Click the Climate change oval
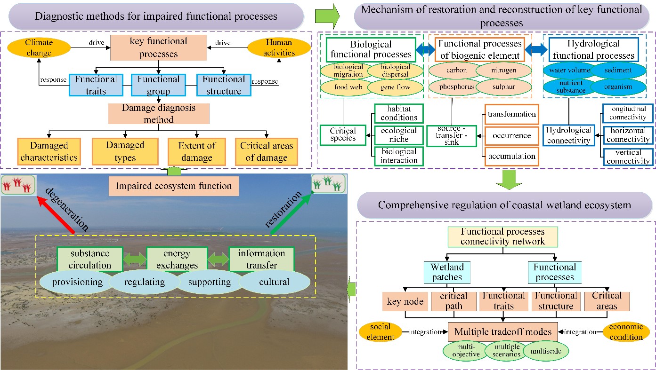(39, 47)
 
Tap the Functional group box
(158, 85)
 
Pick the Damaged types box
(125, 151)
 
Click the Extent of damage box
(196, 151)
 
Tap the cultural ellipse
(275, 282)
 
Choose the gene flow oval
(396, 87)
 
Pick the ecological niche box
(398, 135)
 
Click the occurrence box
(512, 135)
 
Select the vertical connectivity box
(628, 157)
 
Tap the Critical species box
(343, 135)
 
